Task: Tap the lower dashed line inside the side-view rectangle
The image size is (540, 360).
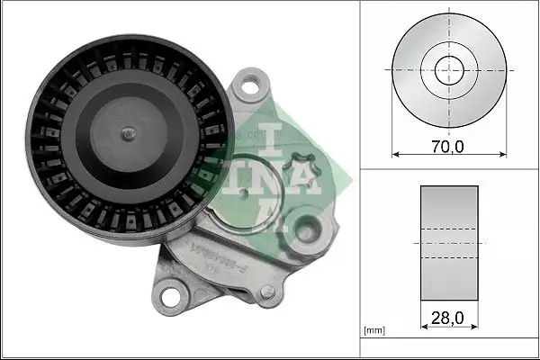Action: click(446, 257)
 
